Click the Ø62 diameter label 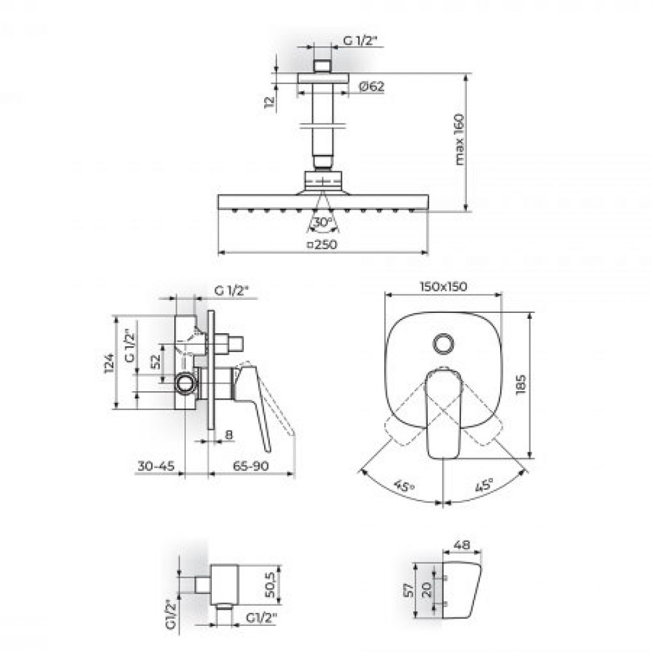[372, 86]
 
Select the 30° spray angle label [323, 222]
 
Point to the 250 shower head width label [322, 244]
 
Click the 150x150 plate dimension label [443, 286]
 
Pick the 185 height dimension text [520, 385]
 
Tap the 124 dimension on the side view [109, 363]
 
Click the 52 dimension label [156, 362]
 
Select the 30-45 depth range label [156, 466]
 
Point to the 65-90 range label [251, 466]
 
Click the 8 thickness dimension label [229, 435]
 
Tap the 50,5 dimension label [270, 585]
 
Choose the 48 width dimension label [462, 544]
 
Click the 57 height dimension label [409, 589]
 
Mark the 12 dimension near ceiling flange [269, 102]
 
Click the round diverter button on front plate [443, 344]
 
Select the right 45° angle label [484, 485]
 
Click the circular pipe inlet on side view [185, 383]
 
